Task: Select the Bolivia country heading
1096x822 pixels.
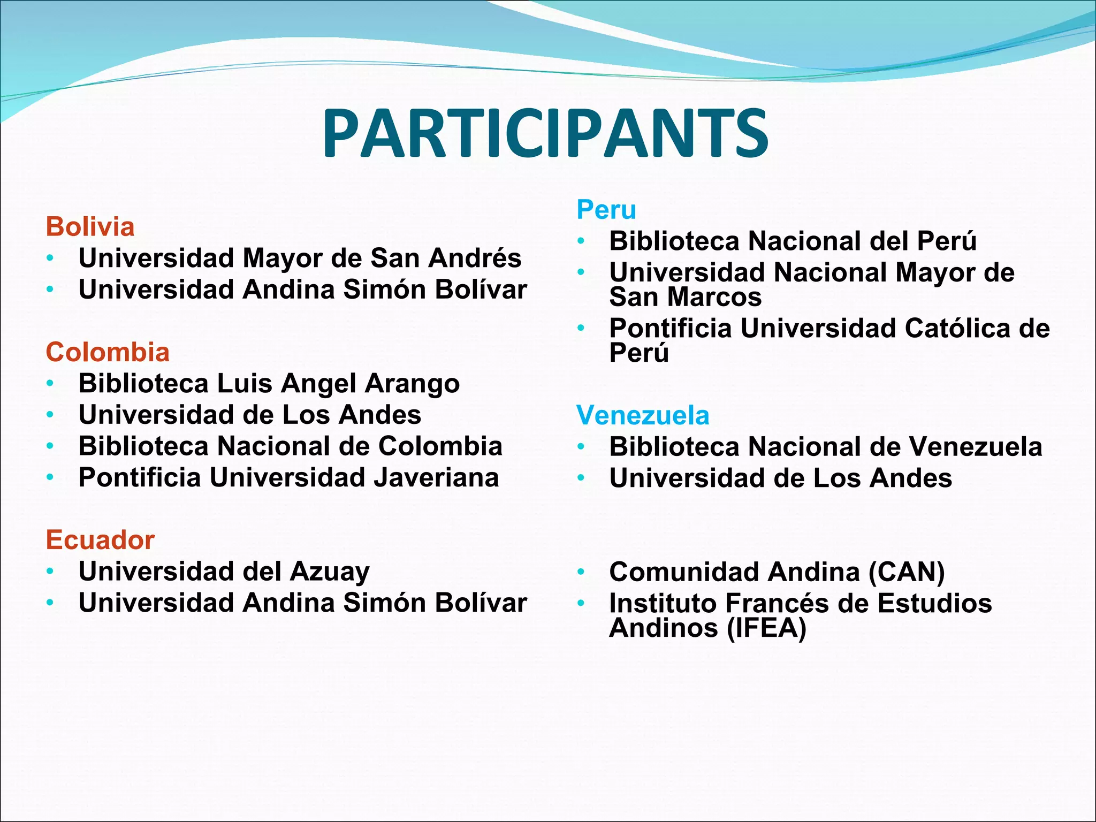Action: pos(90,227)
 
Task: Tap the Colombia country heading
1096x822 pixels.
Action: pos(108,352)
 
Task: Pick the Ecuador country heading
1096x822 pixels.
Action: pos(100,539)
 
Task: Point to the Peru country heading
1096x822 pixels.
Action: pos(606,209)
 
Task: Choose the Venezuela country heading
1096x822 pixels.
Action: pos(643,415)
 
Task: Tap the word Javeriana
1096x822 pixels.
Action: pos(436,477)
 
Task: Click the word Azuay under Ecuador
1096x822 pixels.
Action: pos(330,572)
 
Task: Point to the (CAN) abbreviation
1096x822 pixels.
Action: pos(907,572)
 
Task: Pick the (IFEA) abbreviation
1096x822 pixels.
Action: pos(766,628)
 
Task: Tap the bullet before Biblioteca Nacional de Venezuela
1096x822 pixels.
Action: pos(581,447)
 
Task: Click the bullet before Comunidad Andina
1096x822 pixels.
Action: pos(581,573)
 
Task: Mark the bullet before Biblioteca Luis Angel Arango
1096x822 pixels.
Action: pos(50,384)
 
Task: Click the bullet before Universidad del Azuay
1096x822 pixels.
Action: pos(50,572)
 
